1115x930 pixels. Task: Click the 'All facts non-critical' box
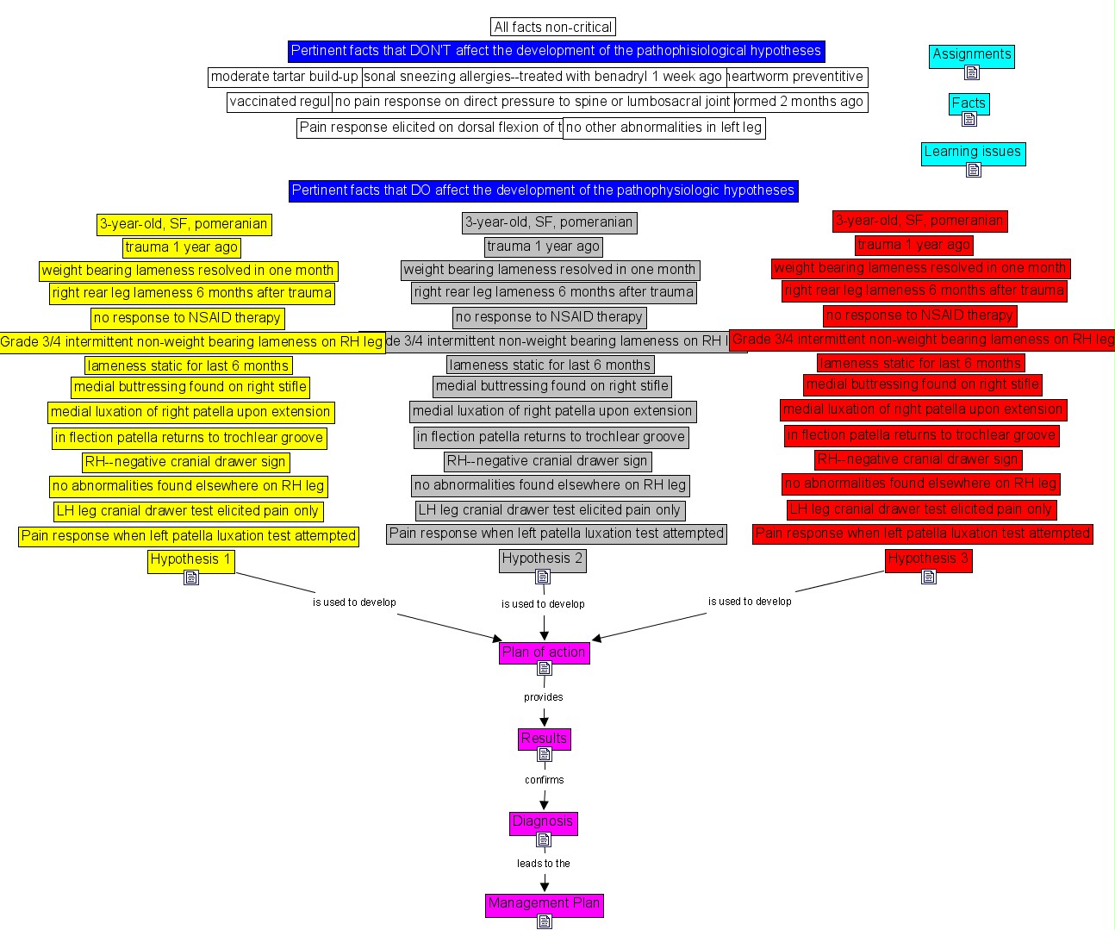[x=553, y=28]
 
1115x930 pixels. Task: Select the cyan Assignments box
[x=971, y=54]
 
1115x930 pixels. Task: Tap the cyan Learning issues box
[x=972, y=152]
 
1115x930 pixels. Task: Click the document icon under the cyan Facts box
[x=969, y=120]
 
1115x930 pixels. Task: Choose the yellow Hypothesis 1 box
[x=190, y=559]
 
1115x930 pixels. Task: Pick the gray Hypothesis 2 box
[x=542, y=559]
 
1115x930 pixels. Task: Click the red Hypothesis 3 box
[x=928, y=559]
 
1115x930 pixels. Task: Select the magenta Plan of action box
[x=544, y=652]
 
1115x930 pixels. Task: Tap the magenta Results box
[x=544, y=739]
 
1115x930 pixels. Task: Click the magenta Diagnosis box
[x=543, y=821]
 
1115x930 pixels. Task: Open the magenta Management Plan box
[x=544, y=903]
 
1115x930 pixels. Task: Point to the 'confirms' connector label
[x=545, y=780]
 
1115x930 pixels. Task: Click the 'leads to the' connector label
[x=544, y=863]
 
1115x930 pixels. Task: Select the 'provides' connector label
[x=544, y=697]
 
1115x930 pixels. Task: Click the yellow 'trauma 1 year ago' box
[x=181, y=247]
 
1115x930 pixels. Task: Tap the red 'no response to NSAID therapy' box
[x=919, y=315]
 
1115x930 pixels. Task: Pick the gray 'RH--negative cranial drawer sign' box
[x=547, y=461]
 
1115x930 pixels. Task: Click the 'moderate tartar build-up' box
[x=284, y=77]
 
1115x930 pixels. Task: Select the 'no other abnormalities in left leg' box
[x=663, y=128]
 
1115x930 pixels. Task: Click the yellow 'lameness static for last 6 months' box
[x=188, y=366]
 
